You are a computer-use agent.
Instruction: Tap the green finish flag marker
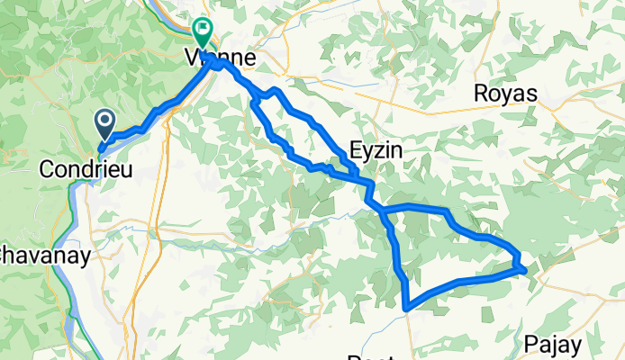pos(203,32)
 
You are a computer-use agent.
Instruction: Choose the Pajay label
pos(556,343)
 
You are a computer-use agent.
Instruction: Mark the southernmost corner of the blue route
pos(407,308)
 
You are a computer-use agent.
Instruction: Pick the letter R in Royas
pos(483,94)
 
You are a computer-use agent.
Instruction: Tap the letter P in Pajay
pos(532,343)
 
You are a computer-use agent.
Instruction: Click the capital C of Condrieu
pos(48,167)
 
